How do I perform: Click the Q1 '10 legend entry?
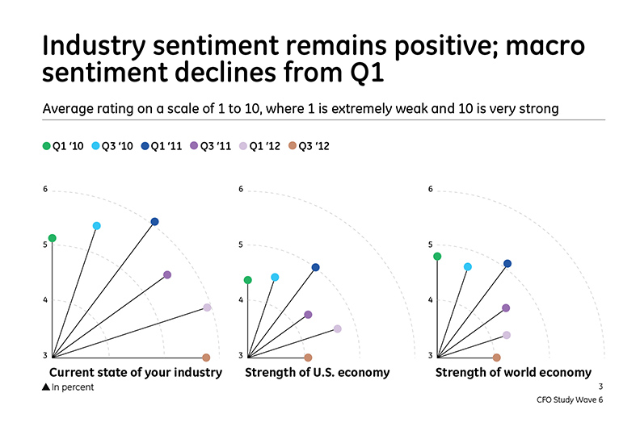coord(63,146)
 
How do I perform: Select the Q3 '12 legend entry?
coord(309,146)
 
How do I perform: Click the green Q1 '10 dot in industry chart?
coord(52,238)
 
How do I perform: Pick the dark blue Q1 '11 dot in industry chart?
coord(154,221)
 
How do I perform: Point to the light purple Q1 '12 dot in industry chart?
coord(207,307)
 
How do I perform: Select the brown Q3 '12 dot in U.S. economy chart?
coord(308,358)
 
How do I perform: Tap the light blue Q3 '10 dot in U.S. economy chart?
coord(275,278)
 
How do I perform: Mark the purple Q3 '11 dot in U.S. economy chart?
coord(308,315)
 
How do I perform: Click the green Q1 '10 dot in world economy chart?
coord(437,257)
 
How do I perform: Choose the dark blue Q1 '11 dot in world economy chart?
coord(507,264)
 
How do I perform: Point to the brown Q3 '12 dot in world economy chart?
coord(497,358)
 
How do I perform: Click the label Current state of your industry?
coord(135,373)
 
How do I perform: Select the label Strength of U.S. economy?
coord(317,373)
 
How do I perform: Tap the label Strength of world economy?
coord(513,373)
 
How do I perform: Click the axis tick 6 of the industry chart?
coord(45,190)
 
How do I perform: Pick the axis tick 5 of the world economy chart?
coord(430,245)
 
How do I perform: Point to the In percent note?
coord(68,387)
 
